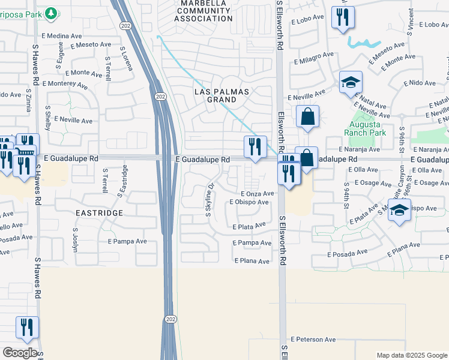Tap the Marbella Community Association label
click(x=203, y=11)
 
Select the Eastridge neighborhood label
click(x=98, y=213)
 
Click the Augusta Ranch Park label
click(x=363, y=130)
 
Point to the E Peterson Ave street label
click(x=313, y=339)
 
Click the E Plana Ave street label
click(x=253, y=261)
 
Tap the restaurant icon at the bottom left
click(x=27, y=328)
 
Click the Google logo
click(x=20, y=353)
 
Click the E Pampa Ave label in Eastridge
click(x=127, y=241)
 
